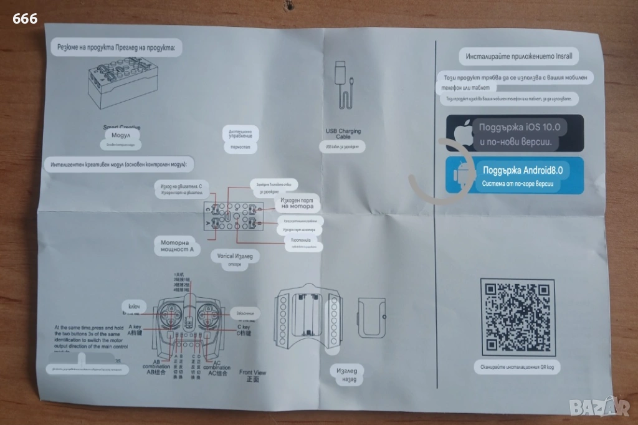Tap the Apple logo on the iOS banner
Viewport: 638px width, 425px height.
tap(462, 133)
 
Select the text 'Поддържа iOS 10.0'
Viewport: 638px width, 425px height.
tap(520, 127)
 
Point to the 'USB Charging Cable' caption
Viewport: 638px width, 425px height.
tap(343, 134)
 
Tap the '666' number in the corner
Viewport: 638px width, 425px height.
tap(25, 18)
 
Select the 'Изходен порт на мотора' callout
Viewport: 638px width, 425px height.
tap(293, 202)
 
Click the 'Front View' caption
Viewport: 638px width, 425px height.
tap(253, 375)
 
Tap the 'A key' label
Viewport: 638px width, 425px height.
tap(135, 329)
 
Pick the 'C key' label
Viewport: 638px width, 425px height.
tap(242, 330)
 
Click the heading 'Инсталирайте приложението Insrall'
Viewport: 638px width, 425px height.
tap(518, 56)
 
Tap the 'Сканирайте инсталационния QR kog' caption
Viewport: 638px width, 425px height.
tap(517, 368)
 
